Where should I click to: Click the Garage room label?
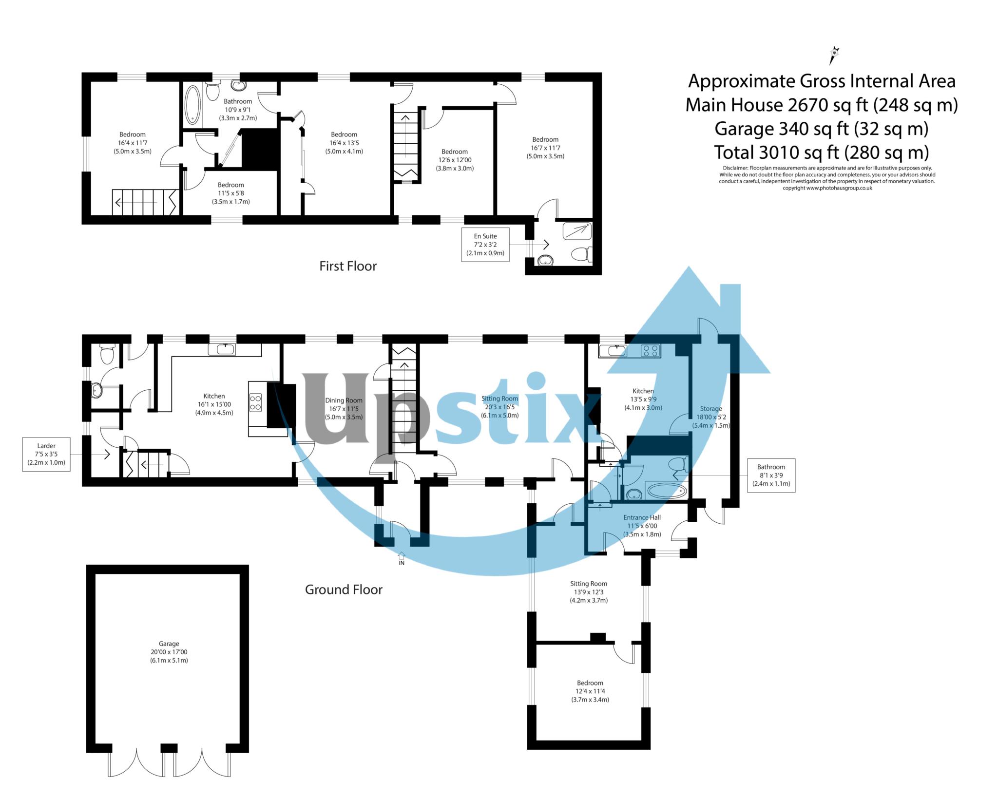pos(169,652)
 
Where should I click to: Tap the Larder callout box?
pos(46,454)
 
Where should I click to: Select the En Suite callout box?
pos(485,245)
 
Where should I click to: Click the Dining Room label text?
pos(344,408)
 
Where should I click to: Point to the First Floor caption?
pos(347,266)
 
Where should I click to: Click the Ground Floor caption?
pos(344,589)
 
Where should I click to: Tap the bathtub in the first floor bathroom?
pos(192,105)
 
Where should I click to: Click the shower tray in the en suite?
pos(577,231)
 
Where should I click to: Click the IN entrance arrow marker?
pos(402,558)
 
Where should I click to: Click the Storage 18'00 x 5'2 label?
pos(711,417)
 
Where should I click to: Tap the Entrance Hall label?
pos(642,526)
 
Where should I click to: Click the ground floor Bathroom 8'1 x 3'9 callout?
pos(771,475)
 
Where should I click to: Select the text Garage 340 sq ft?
pos(821,129)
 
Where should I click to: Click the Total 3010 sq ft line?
pos(821,152)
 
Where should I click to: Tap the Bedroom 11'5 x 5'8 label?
pos(230,193)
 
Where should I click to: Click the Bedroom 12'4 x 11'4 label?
pos(590,691)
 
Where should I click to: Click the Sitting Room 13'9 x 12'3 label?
pos(589,592)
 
